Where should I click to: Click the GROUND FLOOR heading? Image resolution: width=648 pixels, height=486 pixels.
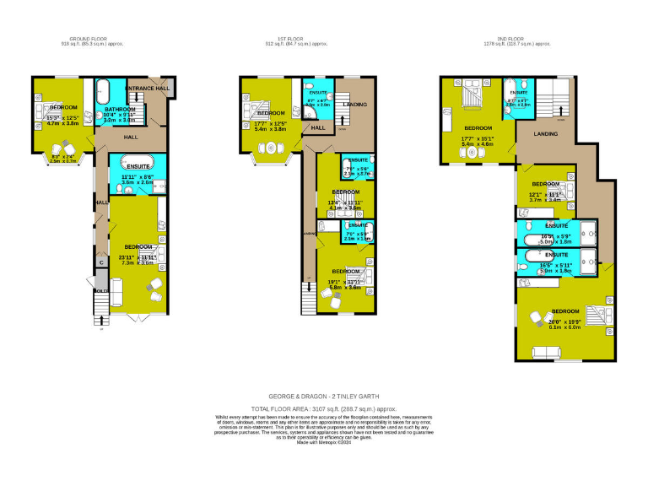click(89, 39)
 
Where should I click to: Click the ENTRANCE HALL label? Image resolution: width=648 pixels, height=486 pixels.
click(148, 89)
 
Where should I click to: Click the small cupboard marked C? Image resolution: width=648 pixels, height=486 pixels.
click(101, 263)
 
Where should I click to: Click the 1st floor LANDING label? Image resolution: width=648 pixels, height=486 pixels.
click(354, 105)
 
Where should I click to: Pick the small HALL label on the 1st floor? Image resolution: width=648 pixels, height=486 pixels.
click(318, 128)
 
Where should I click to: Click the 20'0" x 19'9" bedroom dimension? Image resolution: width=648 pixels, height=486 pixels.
click(564, 324)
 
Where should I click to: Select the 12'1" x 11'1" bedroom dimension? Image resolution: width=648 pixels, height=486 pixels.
click(543, 197)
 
